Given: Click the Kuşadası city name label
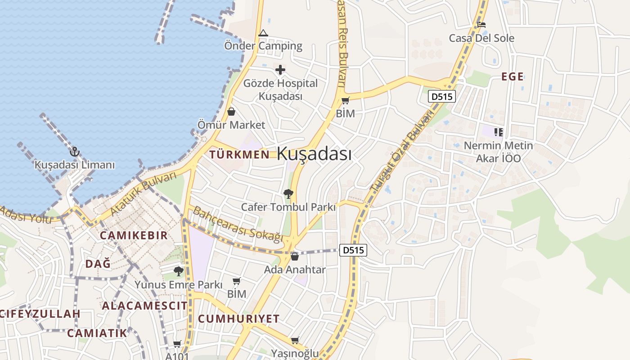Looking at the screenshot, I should [x=314, y=153].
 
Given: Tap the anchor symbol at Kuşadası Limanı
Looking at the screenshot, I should [x=75, y=152].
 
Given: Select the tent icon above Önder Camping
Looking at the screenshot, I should [x=263, y=33].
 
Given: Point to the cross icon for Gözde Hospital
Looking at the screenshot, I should [x=280, y=70].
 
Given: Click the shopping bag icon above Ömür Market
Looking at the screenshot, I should [x=231, y=111].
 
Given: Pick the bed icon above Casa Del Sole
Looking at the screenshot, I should [x=481, y=25].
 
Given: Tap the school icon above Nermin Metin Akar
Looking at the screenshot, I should [x=498, y=132].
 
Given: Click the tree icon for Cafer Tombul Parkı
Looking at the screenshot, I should [x=288, y=194].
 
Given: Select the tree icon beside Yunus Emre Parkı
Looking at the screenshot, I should [x=179, y=271].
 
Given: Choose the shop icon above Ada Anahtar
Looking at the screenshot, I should [x=295, y=256].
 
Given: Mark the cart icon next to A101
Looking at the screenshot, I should [x=177, y=344].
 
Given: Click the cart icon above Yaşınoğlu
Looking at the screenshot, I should [x=295, y=340].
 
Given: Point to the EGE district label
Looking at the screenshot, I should [x=513, y=76].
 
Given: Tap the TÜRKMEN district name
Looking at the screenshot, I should [x=239, y=154].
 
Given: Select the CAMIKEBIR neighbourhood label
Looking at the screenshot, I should [x=134, y=235].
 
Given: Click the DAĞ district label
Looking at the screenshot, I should [x=98, y=264].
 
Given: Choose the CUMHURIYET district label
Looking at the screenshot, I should [x=239, y=319].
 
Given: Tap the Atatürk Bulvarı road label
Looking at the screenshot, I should [x=144, y=193].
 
